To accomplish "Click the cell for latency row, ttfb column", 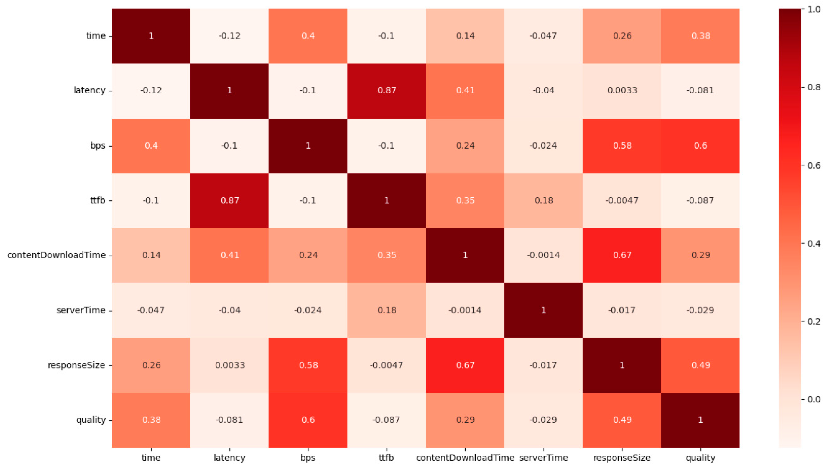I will [386, 90].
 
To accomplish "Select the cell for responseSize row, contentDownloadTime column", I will [465, 365].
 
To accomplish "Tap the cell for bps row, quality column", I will [700, 146].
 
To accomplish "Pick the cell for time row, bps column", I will [308, 36].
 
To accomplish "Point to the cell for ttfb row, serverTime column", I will [543, 201].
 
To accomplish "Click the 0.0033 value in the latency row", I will [622, 90].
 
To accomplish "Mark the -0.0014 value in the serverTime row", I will [465, 310].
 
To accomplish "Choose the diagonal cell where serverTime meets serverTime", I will [543, 310].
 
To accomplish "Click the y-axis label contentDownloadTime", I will [56, 255].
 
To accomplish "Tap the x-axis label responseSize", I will [622, 458].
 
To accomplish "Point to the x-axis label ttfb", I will [386, 458].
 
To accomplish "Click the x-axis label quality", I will [700, 458].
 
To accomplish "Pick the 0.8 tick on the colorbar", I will [811, 87].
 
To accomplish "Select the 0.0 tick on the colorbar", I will [811, 399].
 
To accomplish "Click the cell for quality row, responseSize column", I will [622, 420].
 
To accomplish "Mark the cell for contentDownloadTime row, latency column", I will [229, 255].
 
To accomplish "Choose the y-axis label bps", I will [98, 146].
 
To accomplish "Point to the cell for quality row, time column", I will [151, 420].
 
